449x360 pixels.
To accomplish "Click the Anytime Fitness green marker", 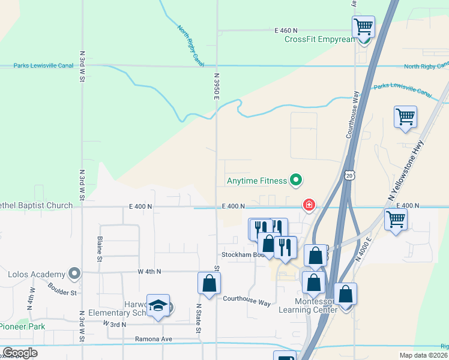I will (x=295, y=179).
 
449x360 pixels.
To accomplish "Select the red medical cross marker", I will (x=309, y=206).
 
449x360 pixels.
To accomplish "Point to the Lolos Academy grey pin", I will (x=74, y=274).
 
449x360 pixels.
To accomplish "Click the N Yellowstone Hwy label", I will (x=405, y=170).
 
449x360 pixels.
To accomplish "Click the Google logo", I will (x=19, y=353).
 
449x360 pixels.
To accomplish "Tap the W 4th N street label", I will (x=149, y=271).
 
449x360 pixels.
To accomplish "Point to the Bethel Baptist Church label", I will (x=36, y=206).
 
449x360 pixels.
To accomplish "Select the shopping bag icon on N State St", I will (x=209, y=284).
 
